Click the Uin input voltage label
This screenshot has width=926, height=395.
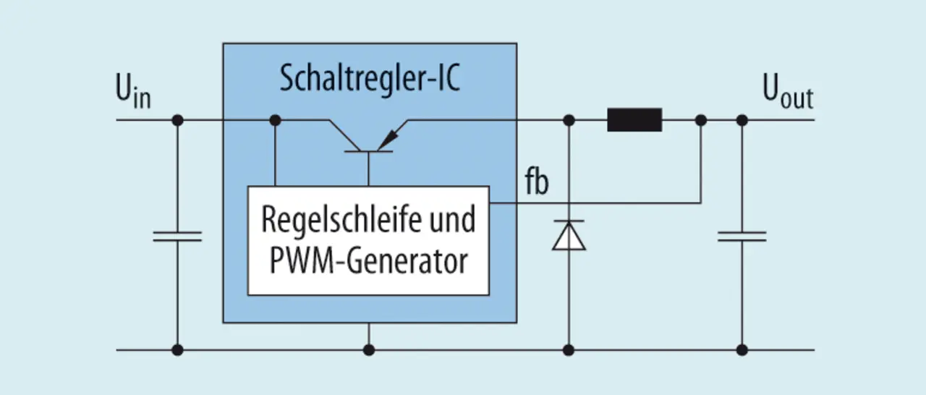tap(133, 91)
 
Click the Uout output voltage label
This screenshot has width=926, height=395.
tap(788, 91)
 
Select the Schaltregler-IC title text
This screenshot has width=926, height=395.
tap(370, 78)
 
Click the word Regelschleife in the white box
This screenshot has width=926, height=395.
tap(341, 220)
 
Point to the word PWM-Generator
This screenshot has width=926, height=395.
tap(368, 261)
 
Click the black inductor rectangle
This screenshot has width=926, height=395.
tap(634, 120)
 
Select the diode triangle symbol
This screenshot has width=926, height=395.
tap(569, 236)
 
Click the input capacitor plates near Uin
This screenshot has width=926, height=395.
tap(177, 237)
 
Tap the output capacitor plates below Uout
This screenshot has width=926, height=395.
tap(742, 237)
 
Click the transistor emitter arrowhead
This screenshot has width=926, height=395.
tap(387, 140)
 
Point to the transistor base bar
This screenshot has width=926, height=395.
tap(368, 152)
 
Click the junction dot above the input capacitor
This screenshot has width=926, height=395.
tap(177, 120)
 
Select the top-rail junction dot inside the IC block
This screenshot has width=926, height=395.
tap(276, 120)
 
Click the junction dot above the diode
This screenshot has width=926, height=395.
tap(569, 120)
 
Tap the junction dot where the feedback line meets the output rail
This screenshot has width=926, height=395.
tap(701, 120)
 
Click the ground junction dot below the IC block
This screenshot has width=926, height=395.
tap(369, 350)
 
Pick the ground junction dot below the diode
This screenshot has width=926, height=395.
tap(569, 350)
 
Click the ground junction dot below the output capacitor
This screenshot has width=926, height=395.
tap(742, 350)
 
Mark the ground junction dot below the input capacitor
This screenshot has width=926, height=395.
tap(177, 350)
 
